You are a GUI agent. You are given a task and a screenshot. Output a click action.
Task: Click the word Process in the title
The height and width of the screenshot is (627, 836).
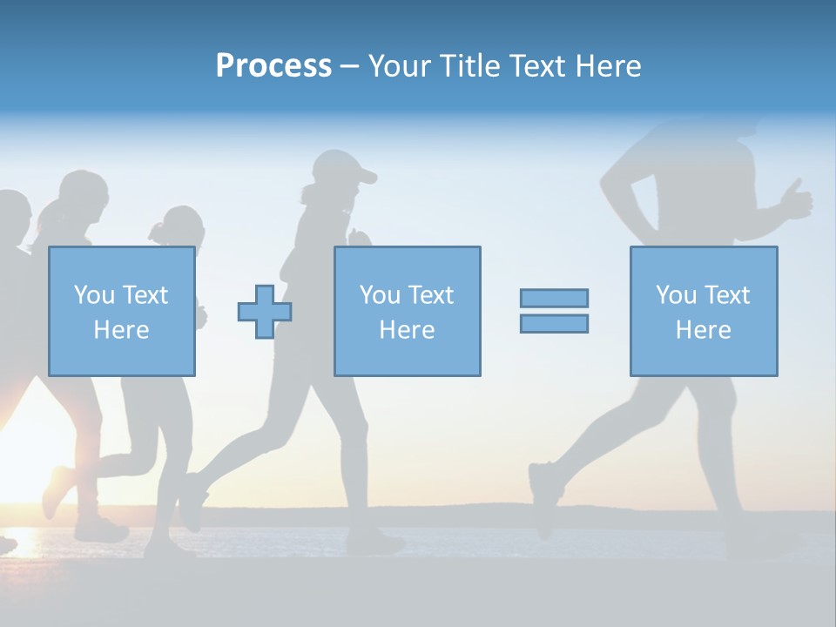click(x=273, y=66)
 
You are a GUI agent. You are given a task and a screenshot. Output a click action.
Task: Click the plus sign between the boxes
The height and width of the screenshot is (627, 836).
click(x=265, y=311)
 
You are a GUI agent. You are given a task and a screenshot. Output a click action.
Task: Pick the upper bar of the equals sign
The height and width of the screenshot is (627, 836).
click(x=554, y=298)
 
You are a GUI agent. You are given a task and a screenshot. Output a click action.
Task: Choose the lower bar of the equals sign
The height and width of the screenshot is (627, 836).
click(x=554, y=323)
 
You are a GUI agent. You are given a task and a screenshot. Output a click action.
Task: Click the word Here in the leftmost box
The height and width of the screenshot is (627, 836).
click(x=121, y=330)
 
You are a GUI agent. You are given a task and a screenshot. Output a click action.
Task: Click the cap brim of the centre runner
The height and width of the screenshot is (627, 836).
click(x=366, y=176)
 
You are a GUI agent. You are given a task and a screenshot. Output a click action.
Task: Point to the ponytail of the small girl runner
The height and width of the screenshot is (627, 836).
click(x=157, y=231)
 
